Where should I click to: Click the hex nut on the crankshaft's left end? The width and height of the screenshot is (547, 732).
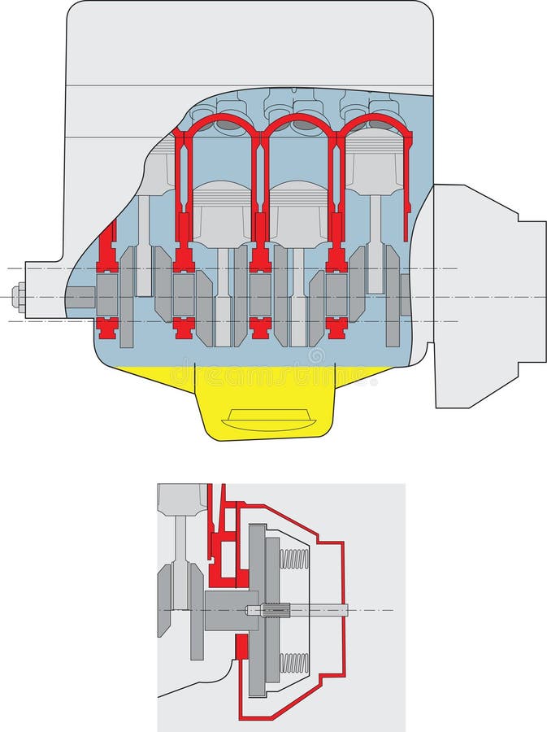(x=18, y=295)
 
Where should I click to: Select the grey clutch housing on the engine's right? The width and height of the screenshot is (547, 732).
(x=480, y=293)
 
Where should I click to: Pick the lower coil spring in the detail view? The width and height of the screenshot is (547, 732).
(x=293, y=663)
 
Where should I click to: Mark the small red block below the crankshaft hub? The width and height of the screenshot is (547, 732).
(x=241, y=651)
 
